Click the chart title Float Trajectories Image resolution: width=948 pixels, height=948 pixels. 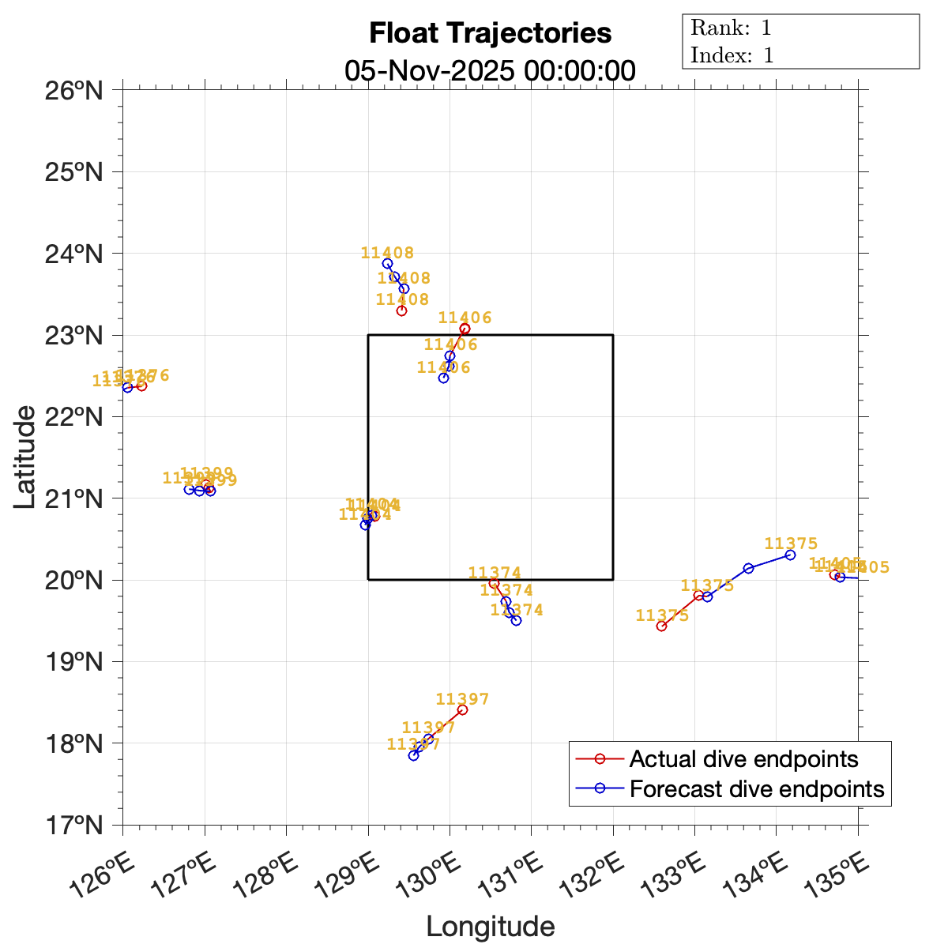(490, 34)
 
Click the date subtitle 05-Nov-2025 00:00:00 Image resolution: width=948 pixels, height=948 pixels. (490, 70)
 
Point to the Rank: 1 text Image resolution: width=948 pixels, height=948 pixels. (731, 28)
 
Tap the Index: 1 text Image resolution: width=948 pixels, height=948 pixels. (732, 55)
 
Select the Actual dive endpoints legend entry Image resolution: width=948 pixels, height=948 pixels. (743, 759)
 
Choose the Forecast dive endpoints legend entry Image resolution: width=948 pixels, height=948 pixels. (757, 788)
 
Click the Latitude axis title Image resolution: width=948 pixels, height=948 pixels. (25, 457)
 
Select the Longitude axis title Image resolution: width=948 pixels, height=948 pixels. (490, 926)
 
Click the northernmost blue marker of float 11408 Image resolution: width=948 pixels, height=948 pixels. (387, 264)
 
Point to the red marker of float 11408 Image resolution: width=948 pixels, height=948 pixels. (401, 310)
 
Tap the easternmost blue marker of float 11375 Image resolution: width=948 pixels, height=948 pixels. (790, 555)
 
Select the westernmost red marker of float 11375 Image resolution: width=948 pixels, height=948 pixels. (661, 626)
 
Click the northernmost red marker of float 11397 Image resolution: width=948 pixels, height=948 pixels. (462, 710)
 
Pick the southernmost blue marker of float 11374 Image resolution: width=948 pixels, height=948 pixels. (516, 620)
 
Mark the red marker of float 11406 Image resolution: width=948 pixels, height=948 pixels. (465, 329)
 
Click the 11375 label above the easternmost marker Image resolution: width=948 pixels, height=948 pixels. (791, 544)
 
